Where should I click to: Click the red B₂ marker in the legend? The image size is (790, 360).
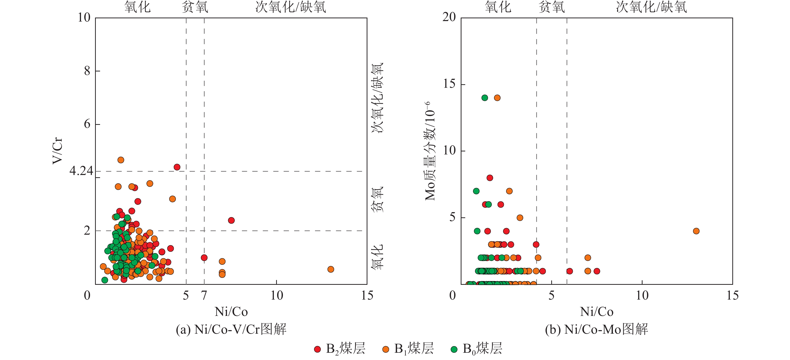coord(318,349)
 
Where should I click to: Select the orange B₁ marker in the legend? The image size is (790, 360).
coord(386,349)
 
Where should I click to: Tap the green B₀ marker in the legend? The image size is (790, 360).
coord(454,349)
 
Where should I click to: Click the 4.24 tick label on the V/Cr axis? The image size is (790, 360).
coord(81,171)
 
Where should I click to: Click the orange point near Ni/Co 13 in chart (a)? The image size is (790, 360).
coord(331,269)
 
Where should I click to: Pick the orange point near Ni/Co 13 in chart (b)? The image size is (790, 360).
coord(696,231)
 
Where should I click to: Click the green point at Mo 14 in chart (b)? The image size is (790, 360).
coord(485,98)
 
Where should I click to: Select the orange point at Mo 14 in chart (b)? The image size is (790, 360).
coord(497,98)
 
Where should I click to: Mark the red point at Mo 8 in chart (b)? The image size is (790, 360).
coord(490,178)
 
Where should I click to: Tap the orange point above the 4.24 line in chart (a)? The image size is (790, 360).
coord(121,160)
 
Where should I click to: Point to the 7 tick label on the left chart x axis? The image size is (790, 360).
coord(204,296)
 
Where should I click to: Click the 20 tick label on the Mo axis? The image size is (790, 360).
coord(449,17)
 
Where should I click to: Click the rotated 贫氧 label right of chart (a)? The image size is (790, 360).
coord(377,199)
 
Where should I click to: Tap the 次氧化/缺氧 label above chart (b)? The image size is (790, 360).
coord(651,7)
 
